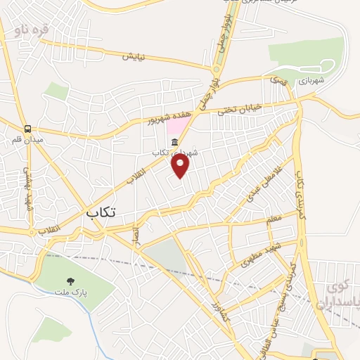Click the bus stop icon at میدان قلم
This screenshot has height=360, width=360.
[x=28, y=129]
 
